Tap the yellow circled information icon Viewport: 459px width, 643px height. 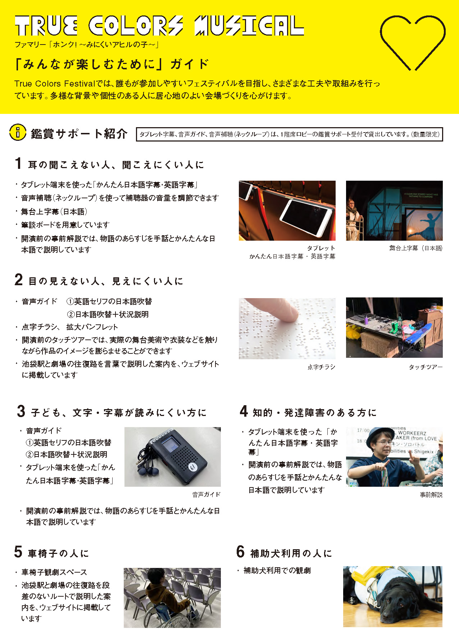coord(18,132)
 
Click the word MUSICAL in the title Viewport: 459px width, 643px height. coord(249,26)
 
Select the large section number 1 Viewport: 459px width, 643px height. coord(18,163)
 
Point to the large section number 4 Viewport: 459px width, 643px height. coord(244,411)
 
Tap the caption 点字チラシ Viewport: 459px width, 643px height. coord(321,367)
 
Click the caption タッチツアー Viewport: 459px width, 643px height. coord(426,367)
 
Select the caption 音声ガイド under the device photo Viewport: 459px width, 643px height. coord(206,495)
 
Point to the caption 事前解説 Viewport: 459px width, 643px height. coord(431,495)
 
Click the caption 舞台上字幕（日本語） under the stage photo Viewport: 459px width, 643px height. coord(416,248)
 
